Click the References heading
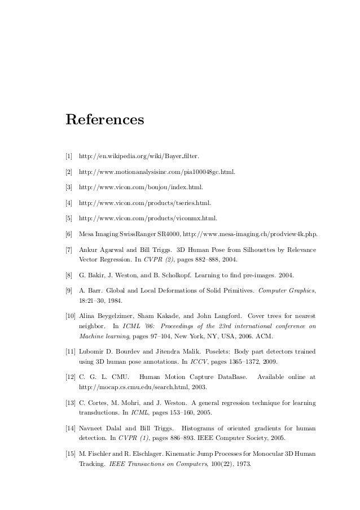[x=105, y=120]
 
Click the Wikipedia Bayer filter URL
[x=139, y=155]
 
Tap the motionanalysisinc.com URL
[x=157, y=171]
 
